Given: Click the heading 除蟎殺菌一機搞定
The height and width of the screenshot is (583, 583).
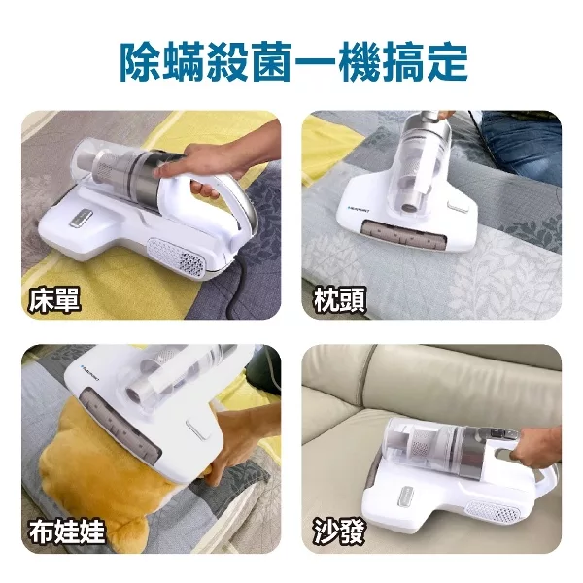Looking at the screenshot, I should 291,60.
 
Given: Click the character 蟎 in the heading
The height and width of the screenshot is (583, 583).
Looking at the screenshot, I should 190,60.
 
